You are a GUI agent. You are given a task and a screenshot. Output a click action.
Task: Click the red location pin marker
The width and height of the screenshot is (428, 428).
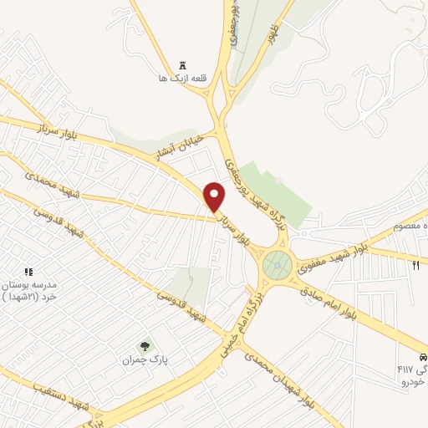pos(215,196)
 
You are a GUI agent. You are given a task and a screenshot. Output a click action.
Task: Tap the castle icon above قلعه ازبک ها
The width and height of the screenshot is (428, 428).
pos(183,65)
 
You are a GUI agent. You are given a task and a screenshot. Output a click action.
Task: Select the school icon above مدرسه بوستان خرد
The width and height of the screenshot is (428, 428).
pos(28,273)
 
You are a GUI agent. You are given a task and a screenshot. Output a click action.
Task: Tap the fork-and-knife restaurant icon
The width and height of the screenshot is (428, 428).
pos(415,265)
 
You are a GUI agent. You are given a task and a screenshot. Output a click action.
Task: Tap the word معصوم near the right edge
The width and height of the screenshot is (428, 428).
pos(413,227)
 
